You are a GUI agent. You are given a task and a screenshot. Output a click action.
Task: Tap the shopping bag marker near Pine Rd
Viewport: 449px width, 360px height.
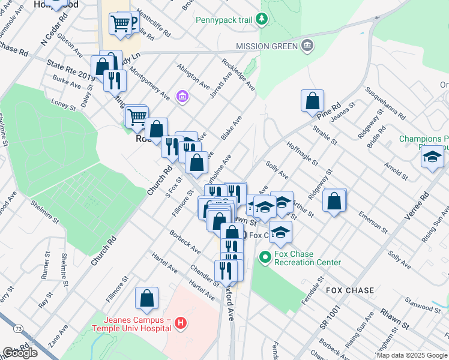point(313,101)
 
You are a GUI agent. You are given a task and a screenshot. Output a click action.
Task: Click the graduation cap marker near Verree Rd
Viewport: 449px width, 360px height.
point(432,157)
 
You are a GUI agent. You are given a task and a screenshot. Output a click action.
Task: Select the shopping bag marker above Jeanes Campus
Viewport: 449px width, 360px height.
point(146,298)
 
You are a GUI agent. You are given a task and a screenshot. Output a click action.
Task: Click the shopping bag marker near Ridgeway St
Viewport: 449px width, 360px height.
point(335,201)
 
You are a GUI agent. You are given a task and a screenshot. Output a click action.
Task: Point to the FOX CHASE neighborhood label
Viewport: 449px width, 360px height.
point(350,290)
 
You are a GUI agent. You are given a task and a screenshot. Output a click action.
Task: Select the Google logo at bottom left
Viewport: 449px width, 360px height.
point(20,353)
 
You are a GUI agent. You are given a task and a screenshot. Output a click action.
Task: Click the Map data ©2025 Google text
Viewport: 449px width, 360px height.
point(411,355)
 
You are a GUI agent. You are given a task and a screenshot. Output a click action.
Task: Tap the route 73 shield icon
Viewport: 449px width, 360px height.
point(19,329)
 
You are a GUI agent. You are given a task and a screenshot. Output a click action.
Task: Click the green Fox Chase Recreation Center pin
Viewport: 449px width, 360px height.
point(265,258)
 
